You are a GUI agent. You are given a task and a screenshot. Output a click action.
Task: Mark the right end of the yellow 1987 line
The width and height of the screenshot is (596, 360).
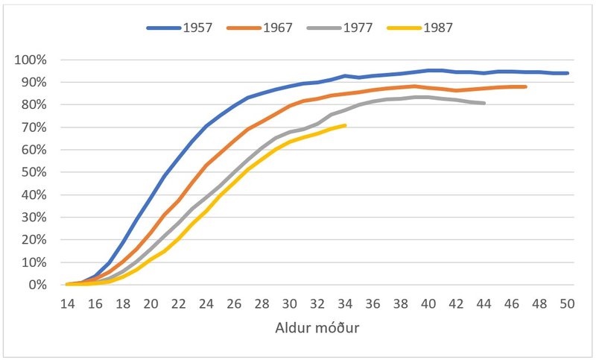point(346,125)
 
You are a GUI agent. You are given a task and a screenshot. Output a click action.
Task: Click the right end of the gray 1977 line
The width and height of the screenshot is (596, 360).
point(485,103)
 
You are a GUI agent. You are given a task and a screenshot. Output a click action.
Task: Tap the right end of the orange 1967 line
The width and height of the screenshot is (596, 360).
point(527,87)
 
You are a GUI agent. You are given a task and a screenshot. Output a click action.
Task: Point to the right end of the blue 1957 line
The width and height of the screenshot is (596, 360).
point(568,73)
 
